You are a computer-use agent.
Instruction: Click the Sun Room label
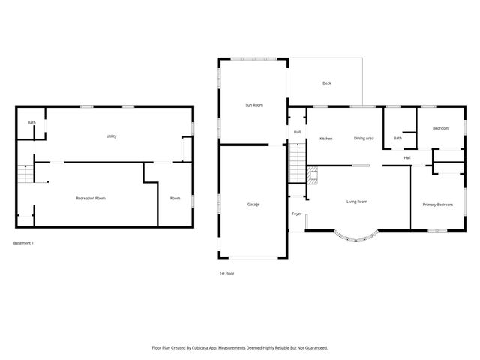(x=254, y=105)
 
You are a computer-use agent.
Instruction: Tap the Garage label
(x=253, y=205)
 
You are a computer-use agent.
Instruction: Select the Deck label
(x=326, y=83)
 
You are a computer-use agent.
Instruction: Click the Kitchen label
(x=326, y=139)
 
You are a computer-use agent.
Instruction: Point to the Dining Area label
(x=364, y=139)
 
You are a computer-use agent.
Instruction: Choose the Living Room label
(x=356, y=202)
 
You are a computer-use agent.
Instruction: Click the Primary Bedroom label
(x=437, y=205)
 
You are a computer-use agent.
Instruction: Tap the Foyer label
(x=297, y=214)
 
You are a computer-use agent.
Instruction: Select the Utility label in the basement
(x=111, y=136)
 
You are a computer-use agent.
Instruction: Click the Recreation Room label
(x=91, y=198)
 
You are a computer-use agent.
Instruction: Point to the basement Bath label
(x=31, y=122)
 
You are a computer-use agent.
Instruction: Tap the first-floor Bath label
(x=397, y=138)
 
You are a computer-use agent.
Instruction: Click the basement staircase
(x=26, y=174)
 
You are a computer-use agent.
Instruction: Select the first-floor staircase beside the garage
(x=298, y=160)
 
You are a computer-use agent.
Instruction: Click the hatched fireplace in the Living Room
(x=313, y=176)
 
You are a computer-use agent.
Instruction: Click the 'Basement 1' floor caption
(x=24, y=243)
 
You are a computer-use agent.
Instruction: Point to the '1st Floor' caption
(x=226, y=273)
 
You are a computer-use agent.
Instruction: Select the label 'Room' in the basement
(x=175, y=198)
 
